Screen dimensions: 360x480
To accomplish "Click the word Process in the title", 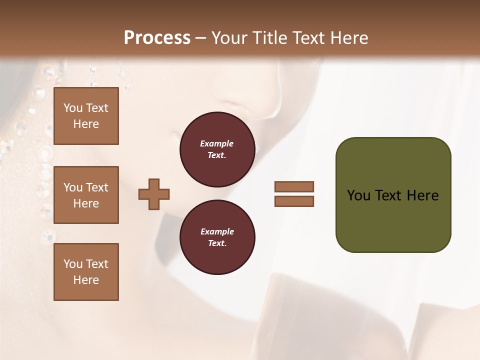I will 157,38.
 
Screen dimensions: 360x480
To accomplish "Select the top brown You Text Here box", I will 86,116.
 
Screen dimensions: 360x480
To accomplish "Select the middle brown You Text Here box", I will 86,195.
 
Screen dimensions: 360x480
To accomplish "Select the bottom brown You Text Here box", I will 86,272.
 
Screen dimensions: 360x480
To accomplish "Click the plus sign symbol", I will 154,194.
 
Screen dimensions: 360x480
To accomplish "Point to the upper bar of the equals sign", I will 294,186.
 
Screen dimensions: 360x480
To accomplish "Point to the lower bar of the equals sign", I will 294,201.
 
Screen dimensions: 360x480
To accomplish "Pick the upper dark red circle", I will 217,149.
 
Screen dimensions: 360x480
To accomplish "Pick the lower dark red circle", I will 217,237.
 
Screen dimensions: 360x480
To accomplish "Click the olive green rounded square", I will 393,195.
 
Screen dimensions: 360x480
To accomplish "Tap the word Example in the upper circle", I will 217,143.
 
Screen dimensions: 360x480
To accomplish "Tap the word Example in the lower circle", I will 217,231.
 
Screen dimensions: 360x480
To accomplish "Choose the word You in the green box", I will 358,195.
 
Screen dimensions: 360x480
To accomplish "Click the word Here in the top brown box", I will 86,124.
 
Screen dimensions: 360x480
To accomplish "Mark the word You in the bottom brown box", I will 73,264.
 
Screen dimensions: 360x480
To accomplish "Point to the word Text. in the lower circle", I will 217,243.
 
